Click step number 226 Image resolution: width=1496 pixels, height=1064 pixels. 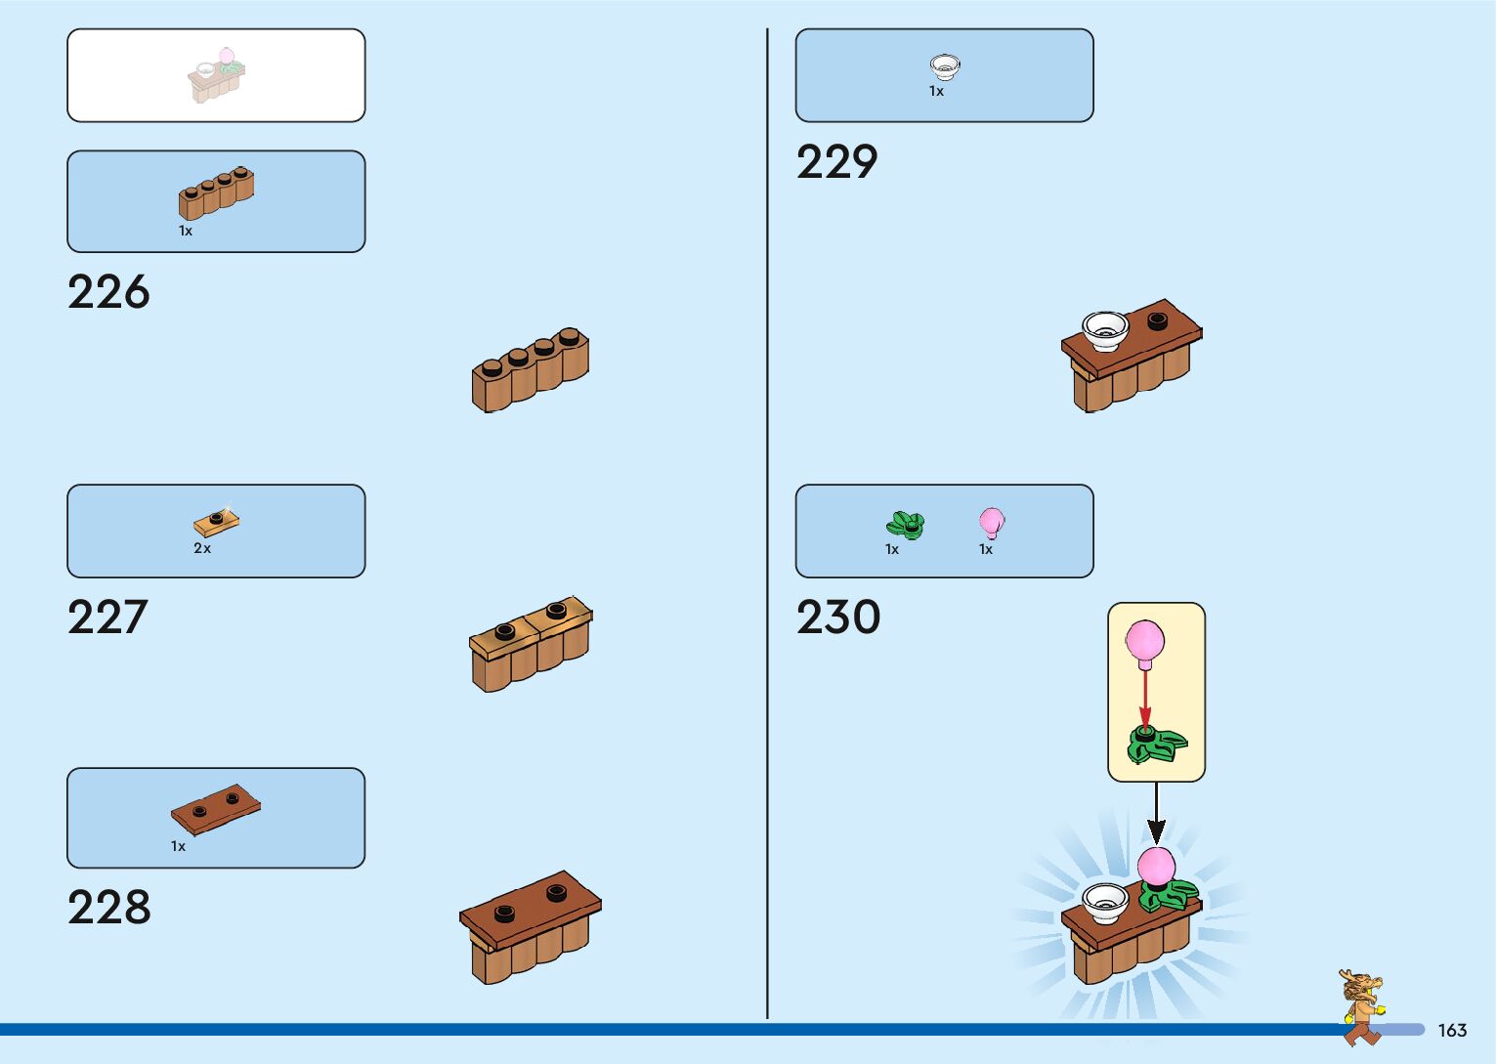click(108, 292)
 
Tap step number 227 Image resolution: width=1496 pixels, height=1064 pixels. click(107, 617)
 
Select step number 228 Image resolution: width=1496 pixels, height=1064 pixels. click(108, 908)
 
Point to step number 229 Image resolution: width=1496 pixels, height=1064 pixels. click(836, 162)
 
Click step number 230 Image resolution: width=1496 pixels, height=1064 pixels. click(838, 617)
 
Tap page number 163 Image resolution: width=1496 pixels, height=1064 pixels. click(1452, 1031)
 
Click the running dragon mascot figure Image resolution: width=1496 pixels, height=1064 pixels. click(1362, 1006)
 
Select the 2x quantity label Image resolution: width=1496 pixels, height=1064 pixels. click(202, 549)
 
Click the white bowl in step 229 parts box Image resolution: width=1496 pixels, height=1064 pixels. click(944, 66)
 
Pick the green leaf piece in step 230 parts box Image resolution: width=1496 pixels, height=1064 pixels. click(905, 526)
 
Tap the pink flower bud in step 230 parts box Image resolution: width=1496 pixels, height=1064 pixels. click(991, 522)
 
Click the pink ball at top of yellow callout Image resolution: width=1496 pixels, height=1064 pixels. click(1144, 642)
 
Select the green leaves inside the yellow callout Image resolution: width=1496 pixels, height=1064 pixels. click(1156, 745)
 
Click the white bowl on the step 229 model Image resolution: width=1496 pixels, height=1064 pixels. click(1105, 329)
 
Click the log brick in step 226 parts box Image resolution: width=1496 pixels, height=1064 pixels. click(216, 192)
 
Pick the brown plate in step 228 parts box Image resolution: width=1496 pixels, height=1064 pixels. click(216, 808)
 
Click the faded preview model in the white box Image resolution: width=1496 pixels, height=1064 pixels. click(216, 75)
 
